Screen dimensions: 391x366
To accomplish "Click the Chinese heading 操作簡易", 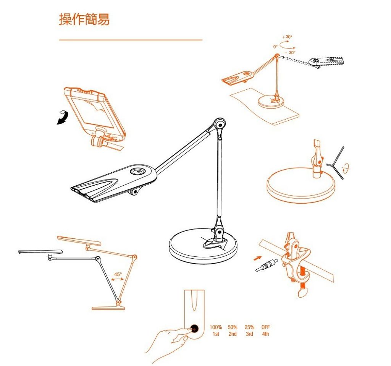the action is pos(84,19).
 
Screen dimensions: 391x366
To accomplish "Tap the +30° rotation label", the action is pos(287,37).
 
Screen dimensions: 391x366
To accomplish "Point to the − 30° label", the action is pos(290,52).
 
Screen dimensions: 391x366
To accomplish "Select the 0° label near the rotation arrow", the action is pos(275,47).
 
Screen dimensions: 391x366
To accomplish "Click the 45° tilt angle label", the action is pos(118,274).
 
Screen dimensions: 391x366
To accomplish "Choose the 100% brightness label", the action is pos(216,327).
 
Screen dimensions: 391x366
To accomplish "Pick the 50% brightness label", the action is pos(233,327).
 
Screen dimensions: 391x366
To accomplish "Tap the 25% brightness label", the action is pos(249,327).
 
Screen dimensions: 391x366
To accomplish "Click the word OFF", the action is pos(266,327).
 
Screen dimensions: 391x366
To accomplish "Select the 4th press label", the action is pos(266,334).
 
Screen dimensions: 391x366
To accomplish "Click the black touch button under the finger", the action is pos(194,329).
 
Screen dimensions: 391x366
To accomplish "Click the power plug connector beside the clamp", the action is pos(267,265).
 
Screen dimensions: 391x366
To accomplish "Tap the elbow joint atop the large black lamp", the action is pos(220,124).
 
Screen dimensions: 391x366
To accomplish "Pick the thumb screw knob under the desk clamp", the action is pos(303,292).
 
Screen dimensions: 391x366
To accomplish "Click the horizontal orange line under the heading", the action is pos(131,40).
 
